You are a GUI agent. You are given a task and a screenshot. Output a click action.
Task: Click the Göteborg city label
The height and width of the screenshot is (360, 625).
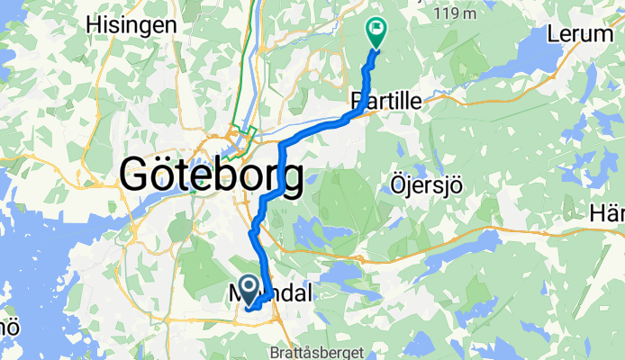point(211,174)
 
